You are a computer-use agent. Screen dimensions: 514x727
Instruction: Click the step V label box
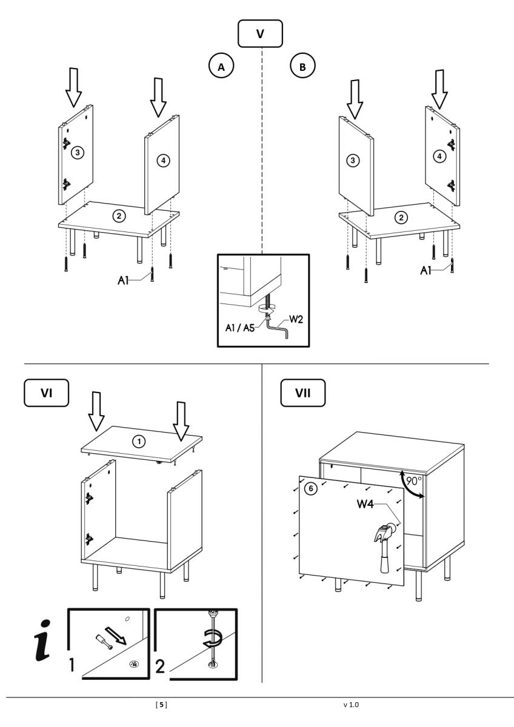pyautogui.click(x=260, y=33)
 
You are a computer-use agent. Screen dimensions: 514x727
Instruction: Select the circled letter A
pyautogui.click(x=221, y=67)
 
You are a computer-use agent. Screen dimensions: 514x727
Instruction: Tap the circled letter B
pyautogui.click(x=302, y=67)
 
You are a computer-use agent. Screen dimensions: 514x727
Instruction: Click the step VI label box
pyautogui.click(x=47, y=393)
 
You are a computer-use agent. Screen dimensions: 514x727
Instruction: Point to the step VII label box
pyautogui.click(x=303, y=393)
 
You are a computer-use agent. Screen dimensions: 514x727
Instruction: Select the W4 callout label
pyautogui.click(x=365, y=504)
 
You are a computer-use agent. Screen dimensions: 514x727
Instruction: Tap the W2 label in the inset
pyautogui.click(x=296, y=319)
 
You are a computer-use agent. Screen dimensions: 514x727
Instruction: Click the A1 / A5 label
pyautogui.click(x=240, y=328)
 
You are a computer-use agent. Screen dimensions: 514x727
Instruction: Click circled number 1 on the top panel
pyautogui.click(x=139, y=442)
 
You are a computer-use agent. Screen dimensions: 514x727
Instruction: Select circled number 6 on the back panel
pyautogui.click(x=311, y=488)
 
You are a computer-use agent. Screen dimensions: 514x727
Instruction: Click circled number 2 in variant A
pyautogui.click(x=119, y=216)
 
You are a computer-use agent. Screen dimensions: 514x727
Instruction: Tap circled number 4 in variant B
pyautogui.click(x=439, y=156)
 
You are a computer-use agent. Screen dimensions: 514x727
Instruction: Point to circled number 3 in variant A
pyautogui.click(x=78, y=152)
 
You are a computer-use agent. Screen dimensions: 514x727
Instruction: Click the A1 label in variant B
pyautogui.click(x=426, y=270)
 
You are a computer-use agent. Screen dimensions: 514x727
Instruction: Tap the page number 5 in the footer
pyautogui.click(x=162, y=704)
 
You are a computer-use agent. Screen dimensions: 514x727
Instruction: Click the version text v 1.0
pyautogui.click(x=352, y=704)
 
